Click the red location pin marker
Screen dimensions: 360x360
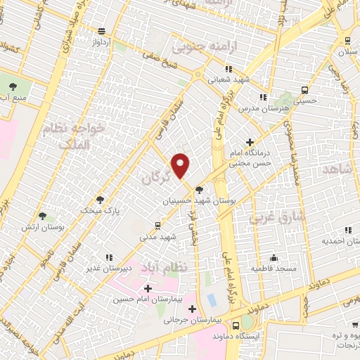181,165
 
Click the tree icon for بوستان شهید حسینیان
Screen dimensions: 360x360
200,189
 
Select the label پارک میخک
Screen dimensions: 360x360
98,210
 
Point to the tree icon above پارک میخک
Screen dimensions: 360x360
100,199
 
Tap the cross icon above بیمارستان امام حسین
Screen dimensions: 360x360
148,288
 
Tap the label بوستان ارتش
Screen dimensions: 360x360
44,228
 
